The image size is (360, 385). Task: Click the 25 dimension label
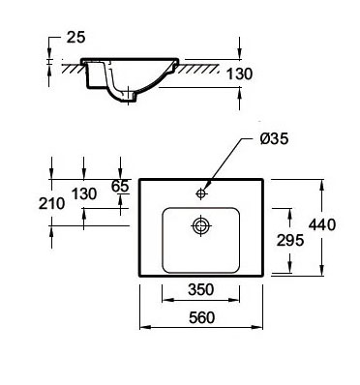coord(76,37)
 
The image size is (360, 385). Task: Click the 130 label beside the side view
coord(239,74)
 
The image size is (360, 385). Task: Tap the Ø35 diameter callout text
coord(274,139)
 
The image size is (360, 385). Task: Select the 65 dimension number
coord(120,186)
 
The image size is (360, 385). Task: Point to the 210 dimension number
coord(51,203)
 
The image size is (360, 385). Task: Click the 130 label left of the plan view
coord(84,193)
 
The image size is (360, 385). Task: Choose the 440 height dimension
coord(322,224)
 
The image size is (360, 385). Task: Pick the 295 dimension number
coord(290,240)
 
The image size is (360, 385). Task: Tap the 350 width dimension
coord(200,289)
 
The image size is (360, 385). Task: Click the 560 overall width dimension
coord(201,318)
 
